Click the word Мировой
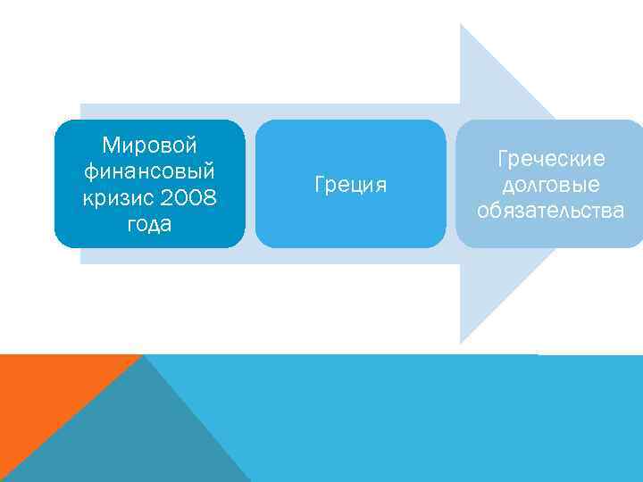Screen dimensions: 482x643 [149, 145]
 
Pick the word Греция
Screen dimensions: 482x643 [350, 186]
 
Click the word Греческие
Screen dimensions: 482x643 [550, 159]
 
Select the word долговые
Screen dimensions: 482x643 [550, 186]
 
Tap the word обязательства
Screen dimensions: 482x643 [550, 212]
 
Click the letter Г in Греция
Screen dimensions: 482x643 [320, 185]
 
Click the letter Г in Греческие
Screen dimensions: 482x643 [502, 159]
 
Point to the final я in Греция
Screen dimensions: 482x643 [381, 187]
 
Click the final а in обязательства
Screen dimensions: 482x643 [618, 212]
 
